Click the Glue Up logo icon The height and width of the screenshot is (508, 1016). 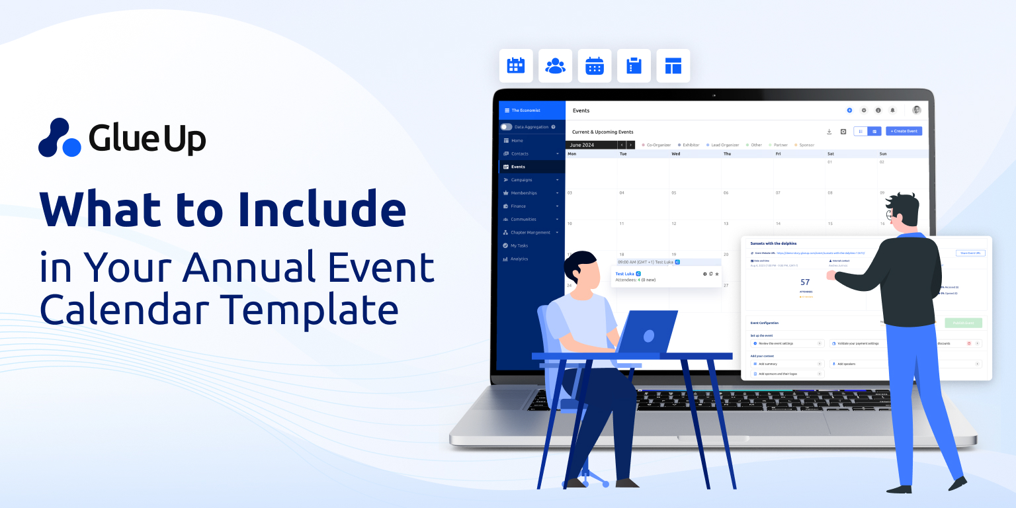point(60,138)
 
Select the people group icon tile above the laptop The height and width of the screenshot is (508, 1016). point(555,65)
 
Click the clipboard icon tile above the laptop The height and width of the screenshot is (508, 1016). point(634,65)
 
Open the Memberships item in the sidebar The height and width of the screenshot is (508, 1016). point(524,193)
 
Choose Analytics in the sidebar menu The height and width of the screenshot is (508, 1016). point(519,259)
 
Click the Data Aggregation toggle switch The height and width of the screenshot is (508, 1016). point(506,126)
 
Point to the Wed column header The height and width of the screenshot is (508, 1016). point(675,153)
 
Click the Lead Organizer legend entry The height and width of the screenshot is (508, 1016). point(724,145)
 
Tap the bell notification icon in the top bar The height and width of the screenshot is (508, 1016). point(892,110)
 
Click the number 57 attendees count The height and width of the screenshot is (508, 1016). point(805,282)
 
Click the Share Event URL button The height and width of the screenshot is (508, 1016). point(970,253)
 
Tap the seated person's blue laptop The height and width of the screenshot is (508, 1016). point(645,332)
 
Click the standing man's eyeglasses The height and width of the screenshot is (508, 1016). point(892,216)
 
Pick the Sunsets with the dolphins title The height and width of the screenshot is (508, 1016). point(773,243)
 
